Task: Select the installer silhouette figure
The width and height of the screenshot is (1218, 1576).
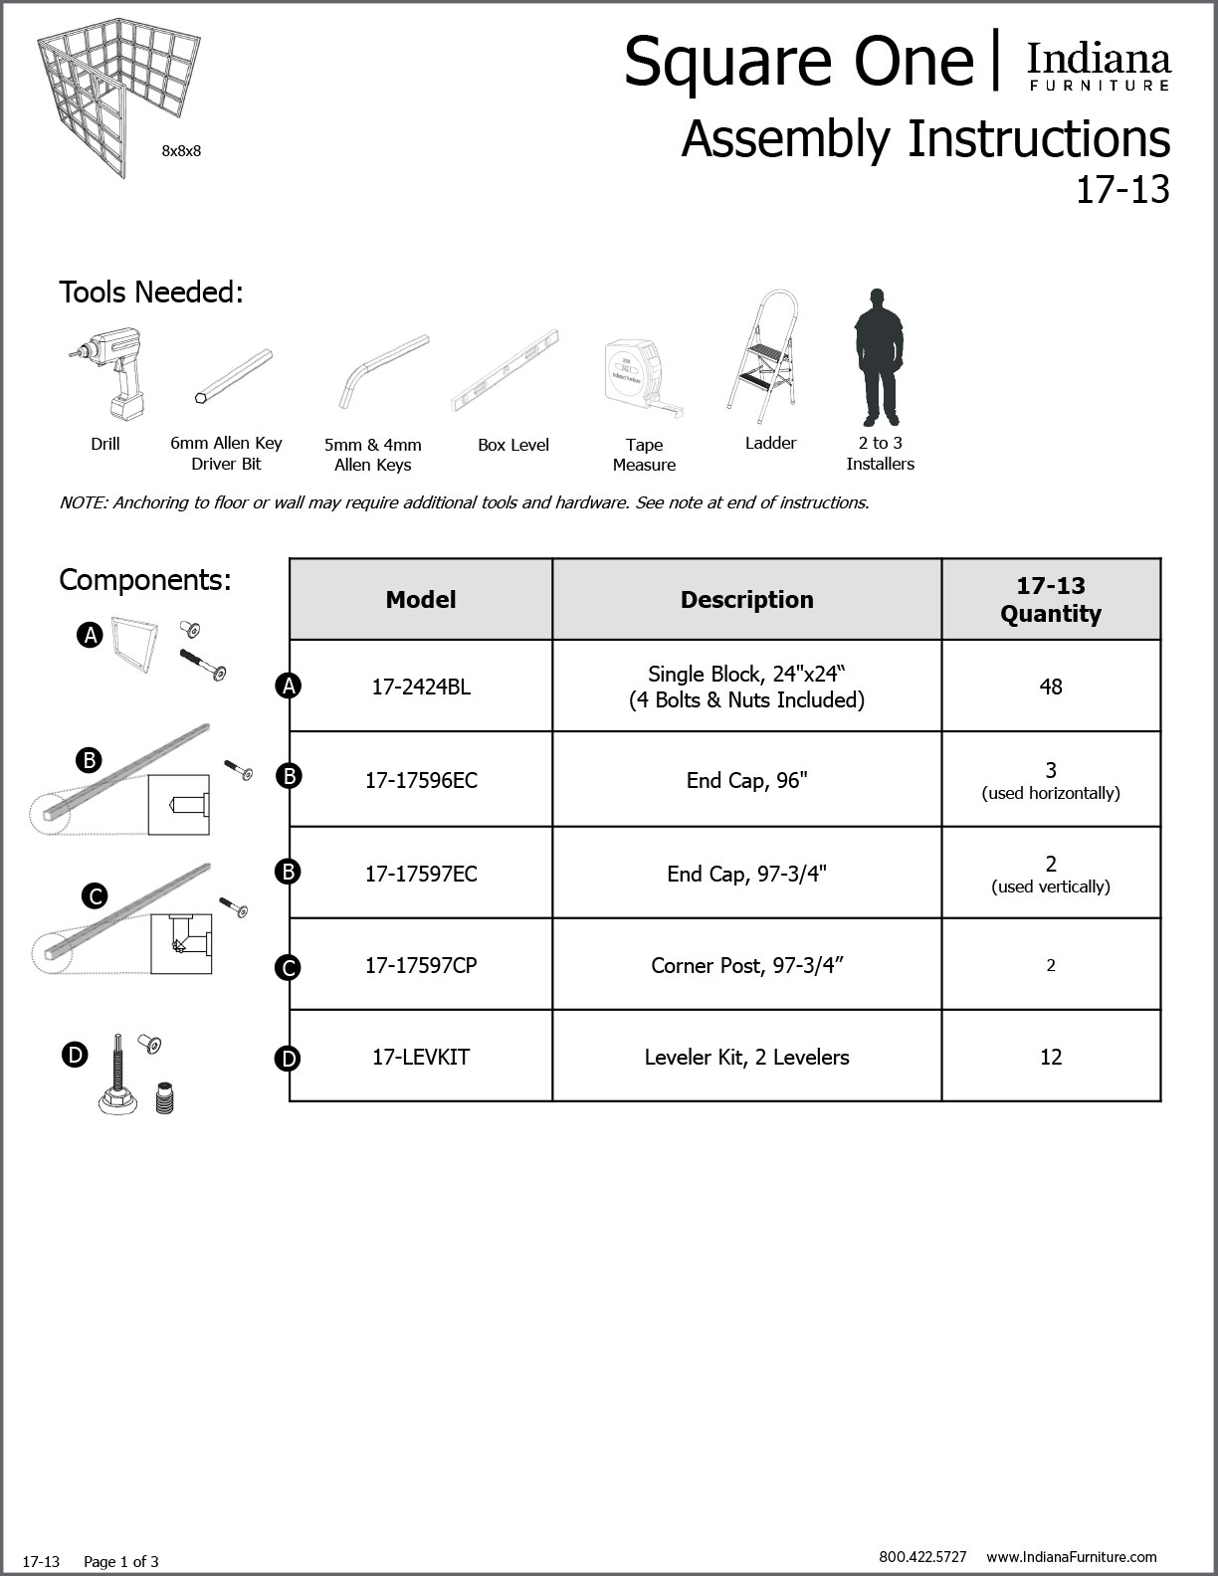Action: (x=878, y=357)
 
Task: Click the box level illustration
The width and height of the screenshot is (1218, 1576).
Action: (x=506, y=370)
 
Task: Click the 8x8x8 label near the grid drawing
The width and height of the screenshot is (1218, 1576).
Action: (x=181, y=151)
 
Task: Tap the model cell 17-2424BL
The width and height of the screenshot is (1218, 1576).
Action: (x=421, y=687)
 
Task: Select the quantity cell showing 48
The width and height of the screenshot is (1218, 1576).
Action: (x=1051, y=687)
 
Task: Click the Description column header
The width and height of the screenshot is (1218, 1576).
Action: (x=746, y=600)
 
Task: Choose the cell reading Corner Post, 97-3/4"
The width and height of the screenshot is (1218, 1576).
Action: (x=746, y=965)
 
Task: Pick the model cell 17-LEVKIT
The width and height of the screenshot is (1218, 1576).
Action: (x=421, y=1057)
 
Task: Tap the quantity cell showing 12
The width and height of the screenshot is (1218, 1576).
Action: (x=1051, y=1057)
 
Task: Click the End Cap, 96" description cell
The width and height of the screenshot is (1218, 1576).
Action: (x=746, y=780)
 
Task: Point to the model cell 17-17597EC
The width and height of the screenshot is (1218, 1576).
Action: (x=421, y=874)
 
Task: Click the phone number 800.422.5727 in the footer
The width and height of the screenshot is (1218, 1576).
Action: (x=922, y=1557)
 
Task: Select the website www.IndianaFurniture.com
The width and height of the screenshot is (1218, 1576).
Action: (x=1072, y=1557)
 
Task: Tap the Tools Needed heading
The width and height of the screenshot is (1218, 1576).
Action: (x=151, y=293)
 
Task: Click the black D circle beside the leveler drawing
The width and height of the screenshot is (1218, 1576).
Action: (x=76, y=1055)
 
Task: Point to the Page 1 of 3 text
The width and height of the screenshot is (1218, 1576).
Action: (x=121, y=1562)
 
